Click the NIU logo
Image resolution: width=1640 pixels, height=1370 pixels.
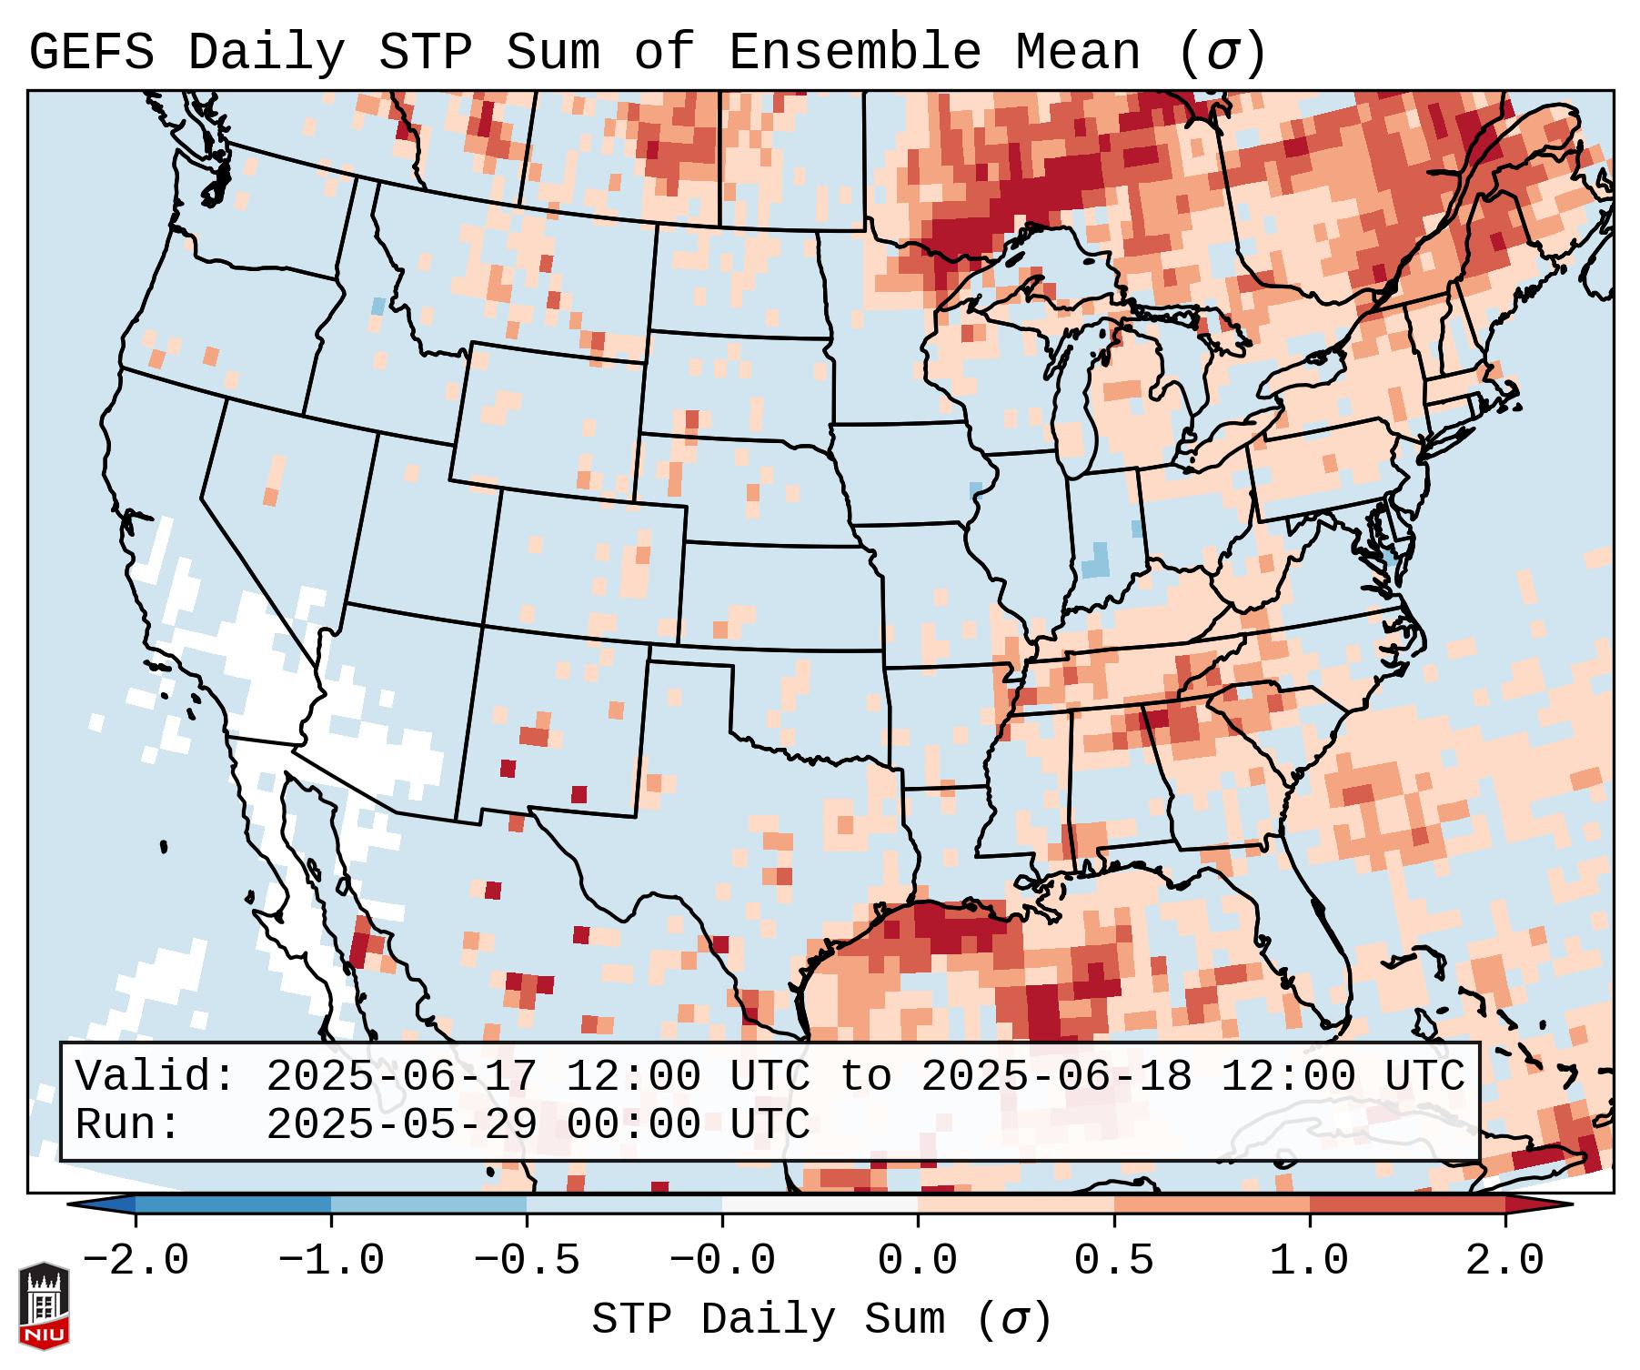(x=44, y=1305)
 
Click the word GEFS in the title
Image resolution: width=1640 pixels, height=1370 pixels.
(x=91, y=53)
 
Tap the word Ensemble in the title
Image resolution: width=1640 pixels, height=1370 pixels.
(x=854, y=53)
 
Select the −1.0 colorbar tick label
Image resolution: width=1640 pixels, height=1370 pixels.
(x=330, y=1261)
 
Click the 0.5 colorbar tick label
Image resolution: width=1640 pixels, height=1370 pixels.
(x=1113, y=1261)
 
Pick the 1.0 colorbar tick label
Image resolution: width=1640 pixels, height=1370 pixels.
(x=1309, y=1261)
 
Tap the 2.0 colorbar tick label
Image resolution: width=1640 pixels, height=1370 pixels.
(x=1504, y=1261)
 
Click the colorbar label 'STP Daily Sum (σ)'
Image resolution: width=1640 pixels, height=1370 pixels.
(x=821, y=1320)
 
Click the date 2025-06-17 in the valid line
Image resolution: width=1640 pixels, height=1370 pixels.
(x=401, y=1077)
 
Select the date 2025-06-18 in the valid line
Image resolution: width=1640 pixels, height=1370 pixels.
(x=1056, y=1077)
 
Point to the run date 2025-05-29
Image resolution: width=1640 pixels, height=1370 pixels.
(x=401, y=1125)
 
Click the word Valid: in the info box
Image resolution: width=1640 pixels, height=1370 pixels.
(x=156, y=1077)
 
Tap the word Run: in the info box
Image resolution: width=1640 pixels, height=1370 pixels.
(x=128, y=1125)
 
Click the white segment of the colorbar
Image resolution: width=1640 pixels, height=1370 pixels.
(x=820, y=1204)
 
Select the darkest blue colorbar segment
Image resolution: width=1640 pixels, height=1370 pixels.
(x=233, y=1204)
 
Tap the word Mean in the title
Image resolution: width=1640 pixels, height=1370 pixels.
(x=1077, y=53)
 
